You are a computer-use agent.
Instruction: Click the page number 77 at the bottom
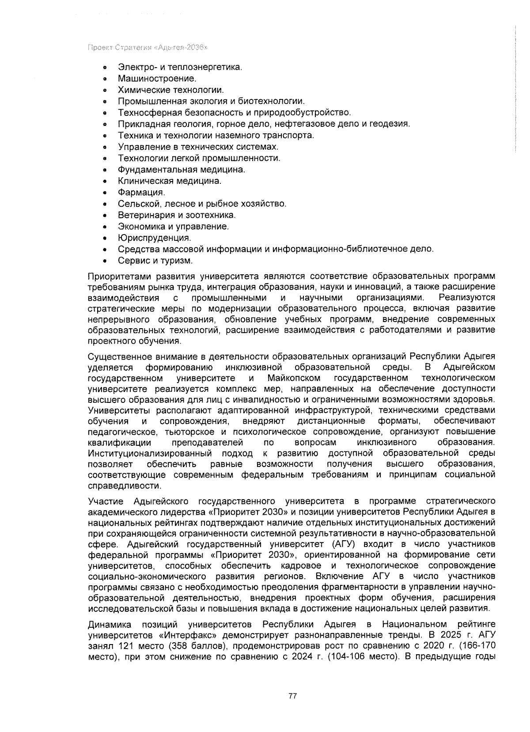coord(292,696)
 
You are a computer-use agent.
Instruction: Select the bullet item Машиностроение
coord(157,79)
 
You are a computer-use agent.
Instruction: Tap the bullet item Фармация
coord(141,193)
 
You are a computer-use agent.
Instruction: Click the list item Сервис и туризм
coord(155,261)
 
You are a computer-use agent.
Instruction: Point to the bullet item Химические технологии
coord(170,90)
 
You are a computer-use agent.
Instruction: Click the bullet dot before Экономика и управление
coord(105,227)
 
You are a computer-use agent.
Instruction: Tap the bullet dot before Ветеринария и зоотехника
coord(105,216)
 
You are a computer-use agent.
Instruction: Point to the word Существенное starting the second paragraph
coord(116,357)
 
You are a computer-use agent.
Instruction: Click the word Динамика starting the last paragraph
coord(109,624)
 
